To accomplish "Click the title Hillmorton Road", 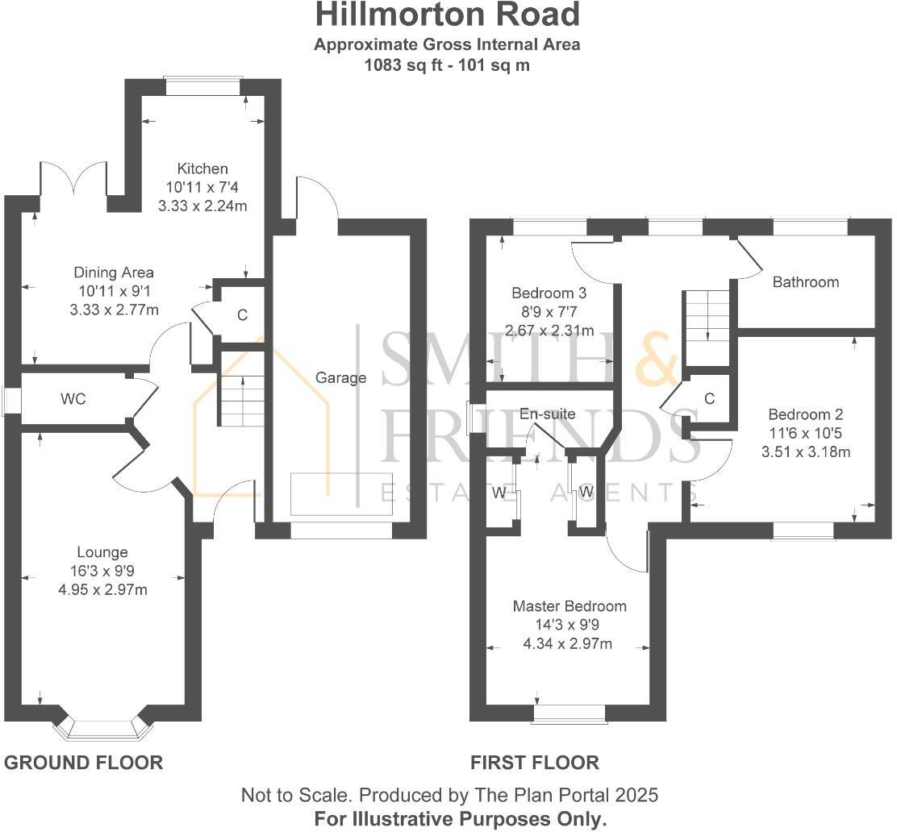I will [x=447, y=15].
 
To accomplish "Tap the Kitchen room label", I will [x=203, y=168].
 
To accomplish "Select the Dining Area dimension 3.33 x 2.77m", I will [x=114, y=310].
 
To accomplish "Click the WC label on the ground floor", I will [x=73, y=399].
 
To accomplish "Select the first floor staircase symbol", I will [x=707, y=315].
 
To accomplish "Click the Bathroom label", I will [x=805, y=282].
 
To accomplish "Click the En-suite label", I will [x=547, y=414].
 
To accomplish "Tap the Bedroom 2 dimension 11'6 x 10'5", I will [x=805, y=434].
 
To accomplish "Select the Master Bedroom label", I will [x=569, y=606].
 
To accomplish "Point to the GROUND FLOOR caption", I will [x=84, y=762].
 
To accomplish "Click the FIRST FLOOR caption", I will [x=535, y=762].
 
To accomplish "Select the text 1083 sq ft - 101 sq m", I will [x=447, y=65].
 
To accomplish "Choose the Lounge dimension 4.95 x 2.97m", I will [x=102, y=589].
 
